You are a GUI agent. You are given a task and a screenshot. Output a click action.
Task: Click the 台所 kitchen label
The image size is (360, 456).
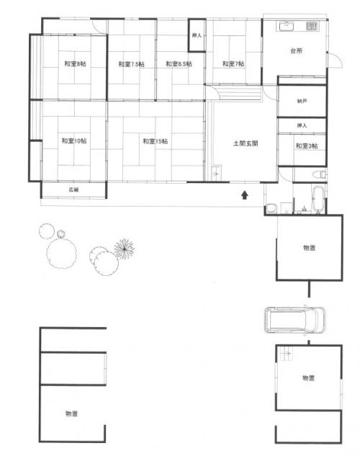296,52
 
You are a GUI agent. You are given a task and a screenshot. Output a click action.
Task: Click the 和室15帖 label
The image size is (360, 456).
155,141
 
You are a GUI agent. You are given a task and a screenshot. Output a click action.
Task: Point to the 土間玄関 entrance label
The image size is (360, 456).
246,143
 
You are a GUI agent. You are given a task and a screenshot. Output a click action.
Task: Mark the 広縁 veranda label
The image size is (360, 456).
73,189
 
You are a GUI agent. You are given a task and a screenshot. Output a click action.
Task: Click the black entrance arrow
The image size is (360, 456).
246,194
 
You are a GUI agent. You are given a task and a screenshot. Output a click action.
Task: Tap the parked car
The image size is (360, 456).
295,320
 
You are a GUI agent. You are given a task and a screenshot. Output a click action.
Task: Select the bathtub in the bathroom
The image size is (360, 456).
317,197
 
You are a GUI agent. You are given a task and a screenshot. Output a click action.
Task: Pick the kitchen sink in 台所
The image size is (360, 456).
287,27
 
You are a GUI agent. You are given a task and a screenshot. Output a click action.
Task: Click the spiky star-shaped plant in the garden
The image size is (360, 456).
124,249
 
